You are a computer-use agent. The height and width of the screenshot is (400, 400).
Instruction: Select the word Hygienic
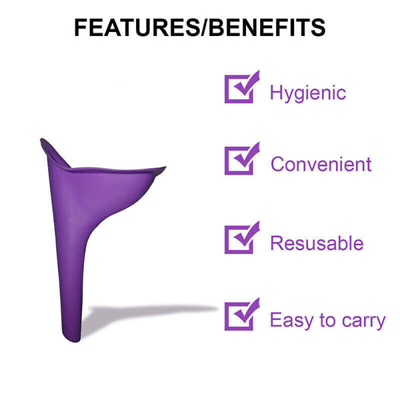(307, 93)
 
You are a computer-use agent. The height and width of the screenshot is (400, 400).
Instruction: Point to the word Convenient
(321, 164)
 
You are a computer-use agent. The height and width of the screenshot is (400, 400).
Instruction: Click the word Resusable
(317, 243)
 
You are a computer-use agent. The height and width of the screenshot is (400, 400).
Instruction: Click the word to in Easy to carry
(327, 321)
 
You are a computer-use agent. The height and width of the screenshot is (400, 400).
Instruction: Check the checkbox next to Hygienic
(240, 88)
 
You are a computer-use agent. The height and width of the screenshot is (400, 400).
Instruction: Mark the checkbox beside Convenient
(240, 160)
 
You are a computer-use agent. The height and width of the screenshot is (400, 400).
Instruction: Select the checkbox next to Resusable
(240, 239)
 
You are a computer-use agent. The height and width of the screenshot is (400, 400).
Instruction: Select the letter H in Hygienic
(276, 91)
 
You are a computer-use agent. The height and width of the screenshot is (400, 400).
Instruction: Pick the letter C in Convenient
(277, 164)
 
